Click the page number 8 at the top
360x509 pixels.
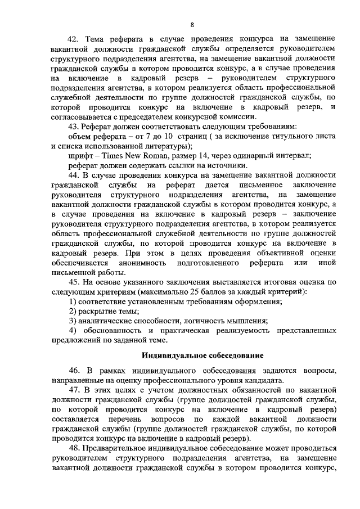(x=192, y=24)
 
